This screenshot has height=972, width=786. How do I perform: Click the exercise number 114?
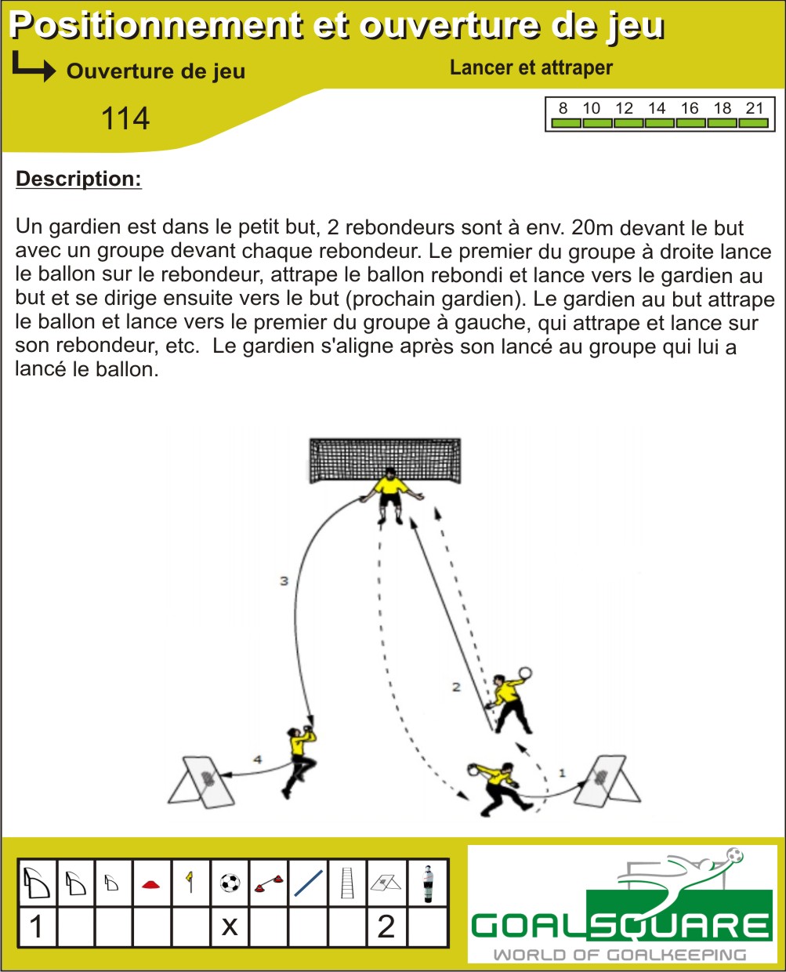[x=125, y=118]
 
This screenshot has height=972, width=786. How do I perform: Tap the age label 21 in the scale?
[x=755, y=108]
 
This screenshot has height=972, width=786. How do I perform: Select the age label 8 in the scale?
[x=563, y=108]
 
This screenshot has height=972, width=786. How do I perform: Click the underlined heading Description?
[x=78, y=179]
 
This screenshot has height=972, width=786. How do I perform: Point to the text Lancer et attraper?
[x=531, y=67]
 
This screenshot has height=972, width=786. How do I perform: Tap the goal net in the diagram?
[x=385, y=460]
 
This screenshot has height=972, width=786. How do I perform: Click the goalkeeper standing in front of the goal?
[x=391, y=495]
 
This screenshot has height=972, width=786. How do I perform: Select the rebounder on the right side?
[x=607, y=781]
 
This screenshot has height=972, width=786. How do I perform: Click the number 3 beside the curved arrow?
[x=284, y=581]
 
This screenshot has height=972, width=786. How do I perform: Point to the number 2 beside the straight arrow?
[x=456, y=687]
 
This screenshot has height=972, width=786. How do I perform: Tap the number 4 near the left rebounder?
[x=258, y=760]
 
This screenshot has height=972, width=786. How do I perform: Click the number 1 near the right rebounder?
[x=562, y=773]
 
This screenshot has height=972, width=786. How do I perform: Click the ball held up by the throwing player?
[x=526, y=673]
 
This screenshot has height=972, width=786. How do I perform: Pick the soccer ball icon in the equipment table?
[x=230, y=883]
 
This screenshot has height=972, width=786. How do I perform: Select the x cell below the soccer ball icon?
[x=230, y=927]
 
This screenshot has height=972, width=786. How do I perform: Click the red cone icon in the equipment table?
[x=151, y=884]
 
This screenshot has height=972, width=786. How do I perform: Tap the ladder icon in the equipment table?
[x=348, y=883]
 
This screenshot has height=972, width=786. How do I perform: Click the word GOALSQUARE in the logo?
[x=621, y=926]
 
